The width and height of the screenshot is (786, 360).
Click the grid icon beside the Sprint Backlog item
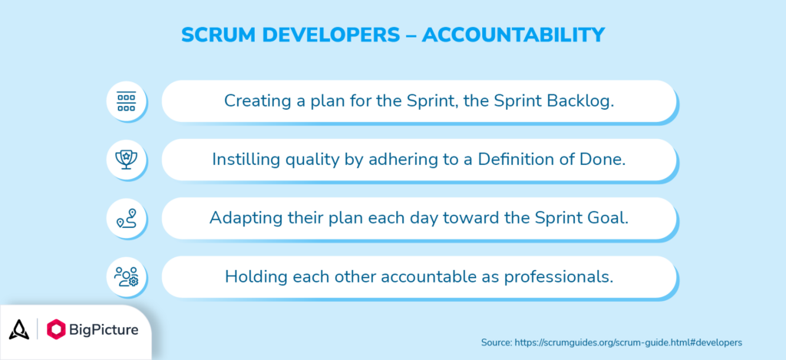pyautogui.click(x=126, y=101)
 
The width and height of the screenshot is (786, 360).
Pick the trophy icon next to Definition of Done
pyautogui.click(x=126, y=160)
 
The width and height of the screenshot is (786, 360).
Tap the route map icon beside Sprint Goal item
pyautogui.click(x=126, y=219)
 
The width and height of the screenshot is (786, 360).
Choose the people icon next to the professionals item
pyautogui.click(x=126, y=277)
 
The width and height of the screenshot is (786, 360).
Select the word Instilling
pyautogui.click(x=245, y=160)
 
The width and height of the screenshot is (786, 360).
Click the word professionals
pyautogui.click(x=563, y=276)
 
